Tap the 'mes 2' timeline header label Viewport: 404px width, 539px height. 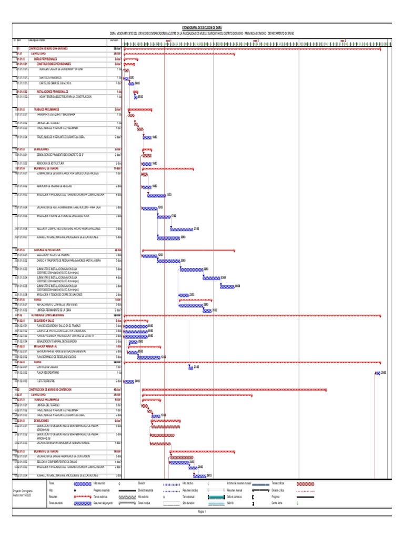tap(256, 39)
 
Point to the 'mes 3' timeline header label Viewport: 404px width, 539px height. tap(343, 39)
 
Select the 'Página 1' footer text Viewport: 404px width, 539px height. tap(202, 511)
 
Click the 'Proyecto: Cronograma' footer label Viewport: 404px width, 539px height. tap(24, 490)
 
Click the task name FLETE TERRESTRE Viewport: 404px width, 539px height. tap(47, 381)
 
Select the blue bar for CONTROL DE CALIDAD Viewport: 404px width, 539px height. tap(191, 367)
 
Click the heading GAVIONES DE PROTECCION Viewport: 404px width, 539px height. tap(47, 249)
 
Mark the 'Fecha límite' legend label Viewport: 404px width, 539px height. tap(277, 503)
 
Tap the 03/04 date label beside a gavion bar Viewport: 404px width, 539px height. tap(224, 277)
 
